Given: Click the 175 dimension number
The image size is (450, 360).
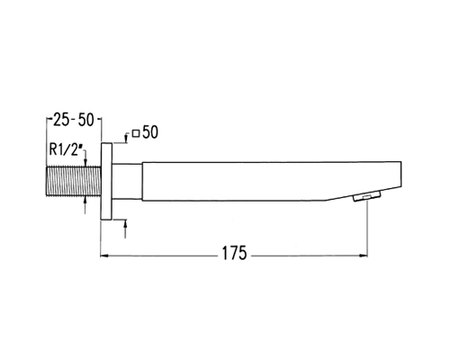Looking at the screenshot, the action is click(x=234, y=253).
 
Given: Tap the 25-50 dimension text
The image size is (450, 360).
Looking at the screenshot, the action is click(x=74, y=120).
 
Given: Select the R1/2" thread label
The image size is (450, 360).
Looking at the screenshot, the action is click(x=66, y=149).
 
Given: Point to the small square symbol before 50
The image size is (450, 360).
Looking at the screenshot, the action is click(x=136, y=133).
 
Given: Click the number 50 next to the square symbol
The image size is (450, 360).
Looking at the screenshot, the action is click(x=150, y=132).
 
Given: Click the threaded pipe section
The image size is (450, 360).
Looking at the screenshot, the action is click(x=74, y=181).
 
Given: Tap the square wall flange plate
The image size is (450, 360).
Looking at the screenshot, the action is click(x=106, y=182).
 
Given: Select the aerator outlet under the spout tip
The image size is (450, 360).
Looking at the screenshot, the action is click(x=367, y=196).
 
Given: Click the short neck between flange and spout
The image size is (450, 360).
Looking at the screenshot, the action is click(x=127, y=182).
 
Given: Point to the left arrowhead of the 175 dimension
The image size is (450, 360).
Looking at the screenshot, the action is click(x=103, y=256).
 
